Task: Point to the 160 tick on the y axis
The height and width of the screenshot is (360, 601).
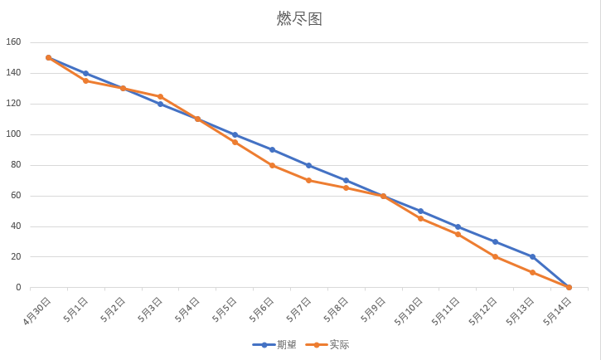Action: tap(13, 42)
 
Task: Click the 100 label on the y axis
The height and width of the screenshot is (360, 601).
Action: tap(13, 134)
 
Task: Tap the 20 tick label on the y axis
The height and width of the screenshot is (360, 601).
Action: tap(16, 257)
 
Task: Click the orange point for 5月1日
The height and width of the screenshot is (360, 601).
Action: tap(85, 80)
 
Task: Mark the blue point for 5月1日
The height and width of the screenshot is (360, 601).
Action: tap(85, 73)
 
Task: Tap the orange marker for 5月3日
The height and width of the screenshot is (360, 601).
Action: tap(160, 96)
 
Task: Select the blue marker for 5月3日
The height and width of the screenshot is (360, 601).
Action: tap(160, 104)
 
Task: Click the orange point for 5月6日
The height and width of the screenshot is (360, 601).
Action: tap(272, 165)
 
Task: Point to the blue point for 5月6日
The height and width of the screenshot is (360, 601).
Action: tap(272, 149)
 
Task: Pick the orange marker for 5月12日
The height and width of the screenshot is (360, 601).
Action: tap(495, 256)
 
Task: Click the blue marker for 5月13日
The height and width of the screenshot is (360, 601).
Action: tap(532, 256)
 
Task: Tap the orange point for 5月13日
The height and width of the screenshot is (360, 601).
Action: tap(532, 272)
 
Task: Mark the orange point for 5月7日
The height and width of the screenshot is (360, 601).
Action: tap(308, 180)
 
